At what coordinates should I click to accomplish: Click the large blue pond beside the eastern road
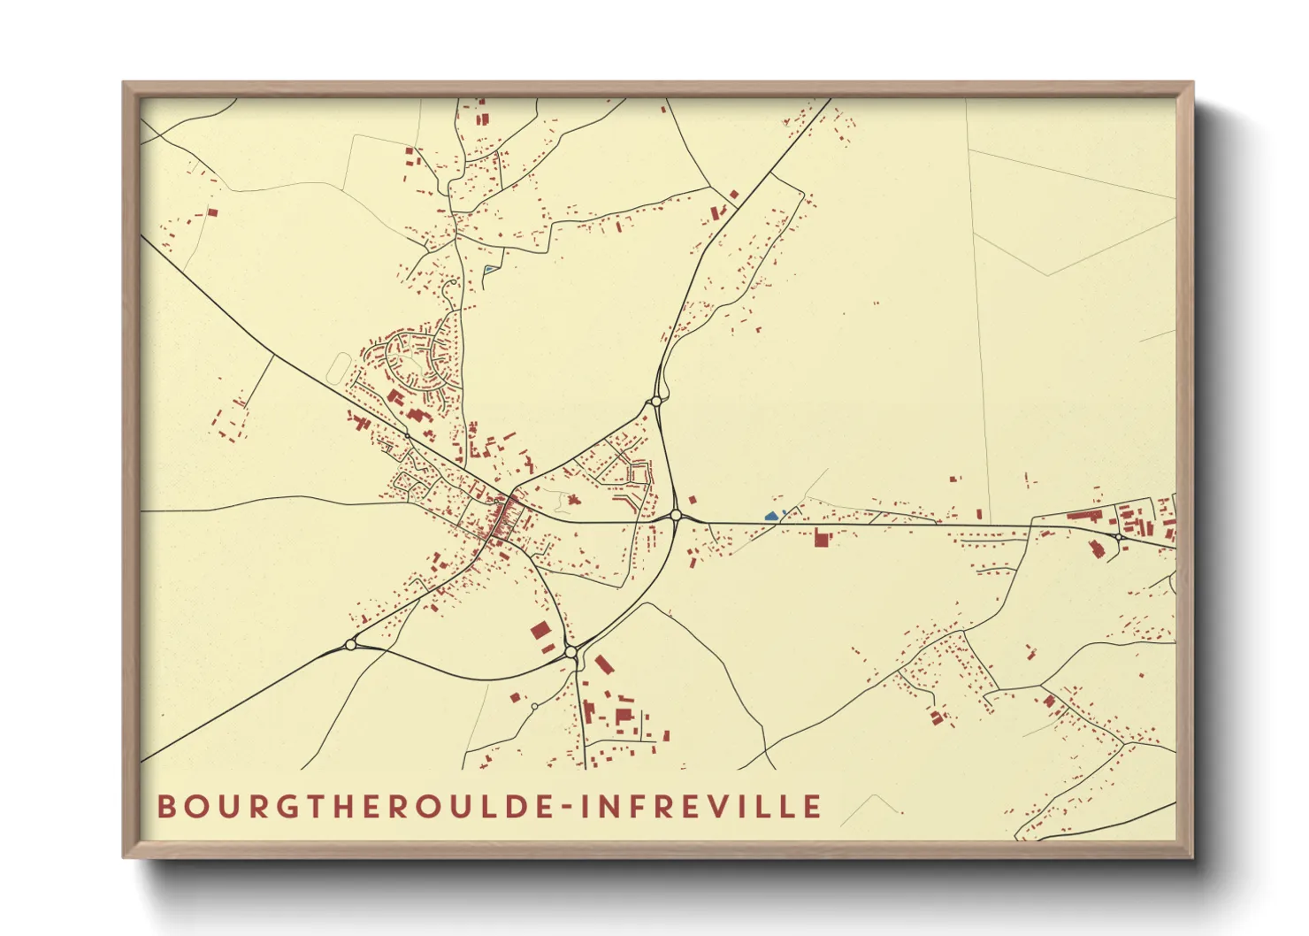771,515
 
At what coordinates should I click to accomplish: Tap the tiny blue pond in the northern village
487,269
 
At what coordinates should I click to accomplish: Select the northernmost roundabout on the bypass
655,401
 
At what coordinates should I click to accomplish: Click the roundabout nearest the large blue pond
676,515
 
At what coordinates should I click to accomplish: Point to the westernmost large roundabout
350,645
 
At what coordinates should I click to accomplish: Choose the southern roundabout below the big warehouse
571,652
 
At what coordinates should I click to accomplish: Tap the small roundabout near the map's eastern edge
1119,536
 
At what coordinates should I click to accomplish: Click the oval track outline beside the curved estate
339,367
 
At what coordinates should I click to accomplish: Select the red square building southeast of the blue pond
821,537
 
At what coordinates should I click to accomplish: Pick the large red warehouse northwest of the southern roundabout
540,631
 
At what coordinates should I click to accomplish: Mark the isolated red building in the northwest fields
212,212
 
